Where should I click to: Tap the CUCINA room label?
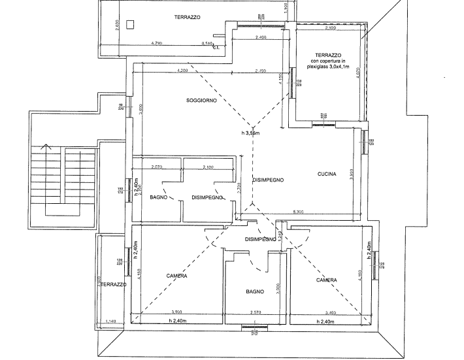(326, 174)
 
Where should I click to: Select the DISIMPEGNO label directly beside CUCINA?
(267, 180)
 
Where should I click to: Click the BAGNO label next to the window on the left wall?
(159, 197)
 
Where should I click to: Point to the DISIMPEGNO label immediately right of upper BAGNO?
(208, 197)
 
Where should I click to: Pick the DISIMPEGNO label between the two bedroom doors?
(261, 240)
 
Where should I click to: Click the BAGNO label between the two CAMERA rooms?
(254, 291)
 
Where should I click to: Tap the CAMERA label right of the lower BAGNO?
(326, 281)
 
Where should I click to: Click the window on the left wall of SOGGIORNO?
(128, 106)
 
